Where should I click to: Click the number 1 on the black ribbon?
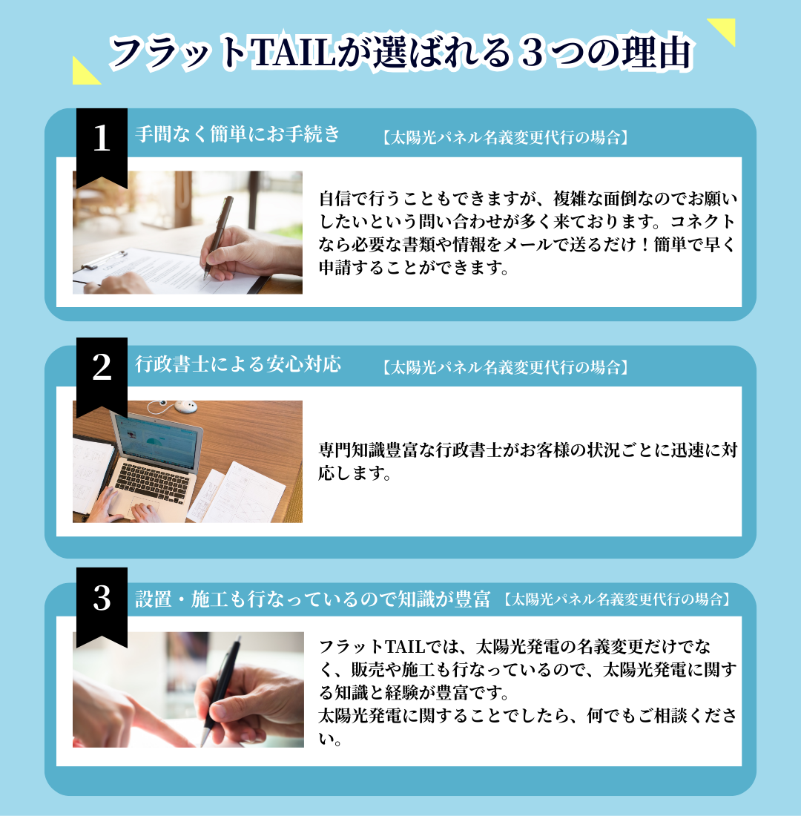(102, 139)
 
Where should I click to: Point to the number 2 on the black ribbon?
(102, 367)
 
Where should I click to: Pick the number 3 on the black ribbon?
(102, 598)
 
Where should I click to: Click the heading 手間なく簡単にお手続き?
(237, 134)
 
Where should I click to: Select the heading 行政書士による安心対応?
(238, 363)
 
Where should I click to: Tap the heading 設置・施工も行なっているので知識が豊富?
(312, 599)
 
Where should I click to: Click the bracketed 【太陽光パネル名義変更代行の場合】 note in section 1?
(505, 137)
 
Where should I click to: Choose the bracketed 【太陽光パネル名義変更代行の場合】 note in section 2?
(505, 367)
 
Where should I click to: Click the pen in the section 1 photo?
(218, 234)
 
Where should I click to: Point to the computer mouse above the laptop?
(185, 406)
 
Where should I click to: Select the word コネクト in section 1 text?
(702, 222)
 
